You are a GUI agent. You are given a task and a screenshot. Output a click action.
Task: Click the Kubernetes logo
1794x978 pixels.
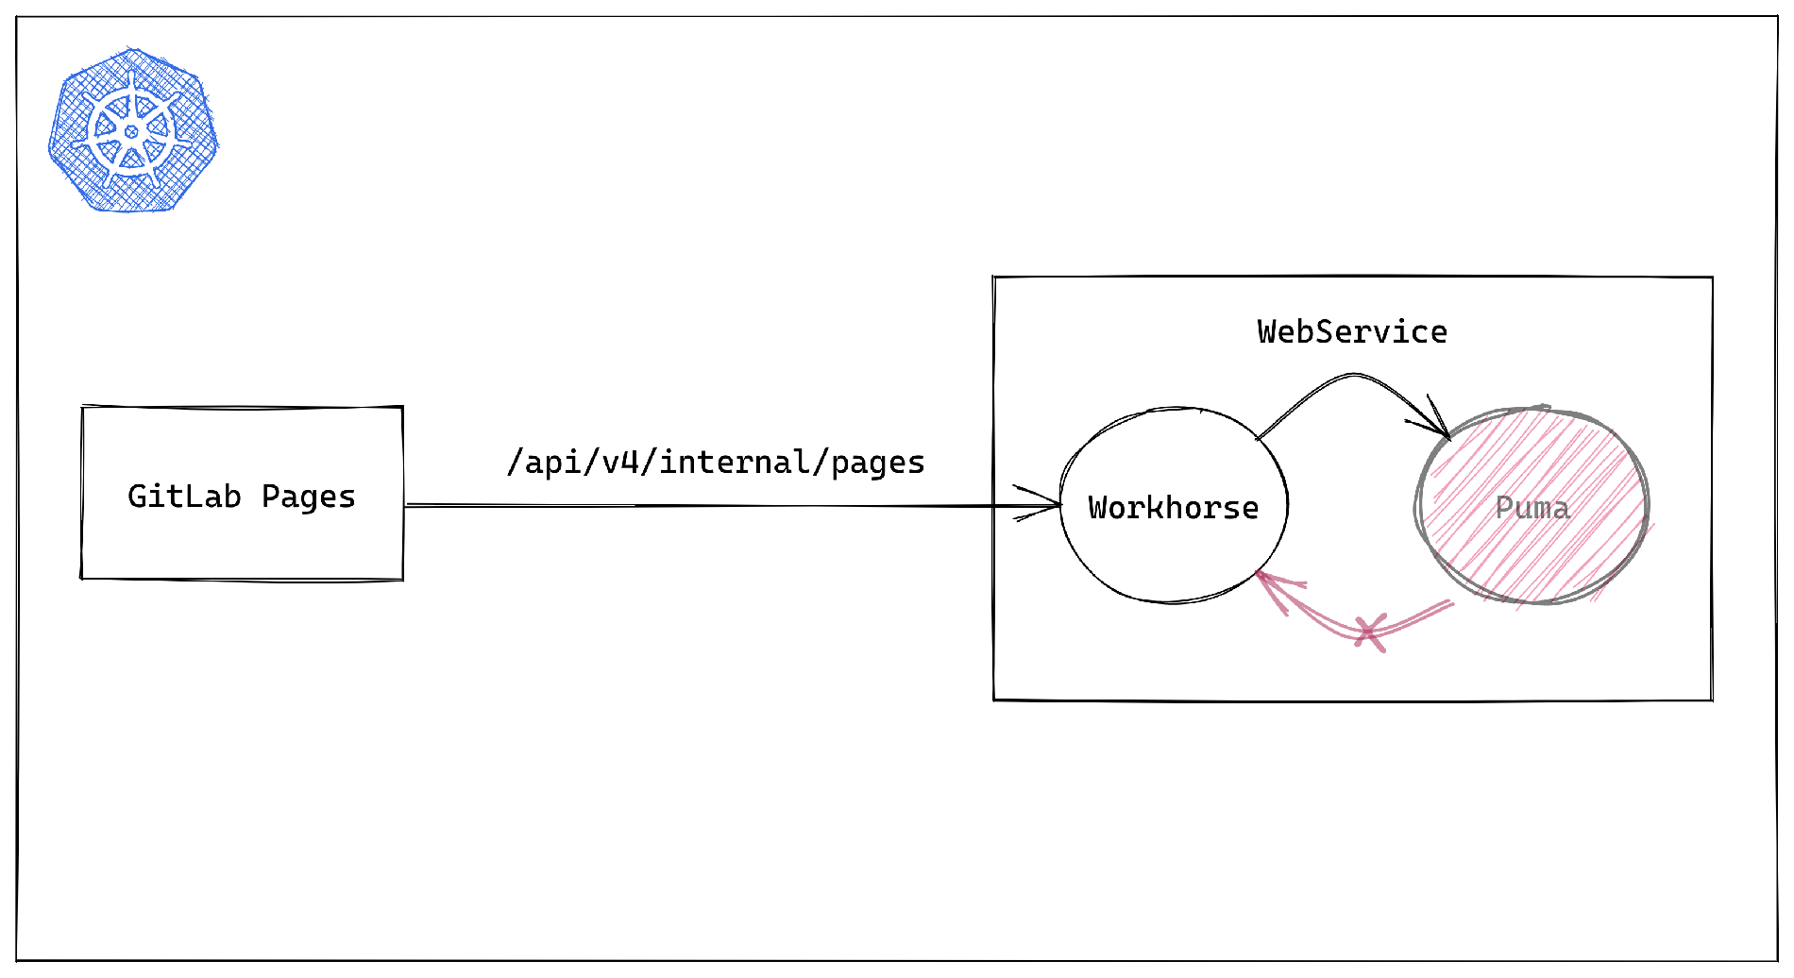[132, 130]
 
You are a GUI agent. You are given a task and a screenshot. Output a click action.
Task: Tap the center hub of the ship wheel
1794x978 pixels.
[132, 131]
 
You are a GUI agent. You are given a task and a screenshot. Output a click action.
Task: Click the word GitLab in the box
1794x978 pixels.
[184, 497]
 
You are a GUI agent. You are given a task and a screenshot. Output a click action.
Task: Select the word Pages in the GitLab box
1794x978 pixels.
[308, 497]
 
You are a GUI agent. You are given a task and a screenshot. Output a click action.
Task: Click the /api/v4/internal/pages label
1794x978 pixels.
[716, 463]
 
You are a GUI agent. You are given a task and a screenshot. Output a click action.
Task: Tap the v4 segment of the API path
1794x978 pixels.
[620, 463]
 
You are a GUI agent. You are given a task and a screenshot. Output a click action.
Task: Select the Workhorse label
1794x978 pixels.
[1173, 508]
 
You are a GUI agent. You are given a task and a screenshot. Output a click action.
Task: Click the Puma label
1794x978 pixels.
[1532, 508]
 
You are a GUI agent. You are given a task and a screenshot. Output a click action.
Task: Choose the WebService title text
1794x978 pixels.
[1352, 332]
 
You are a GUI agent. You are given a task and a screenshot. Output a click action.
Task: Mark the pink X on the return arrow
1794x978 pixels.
[1369, 632]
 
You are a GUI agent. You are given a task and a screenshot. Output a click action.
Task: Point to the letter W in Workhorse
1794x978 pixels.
[1098, 508]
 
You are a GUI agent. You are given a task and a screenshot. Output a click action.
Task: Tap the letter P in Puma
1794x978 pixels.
[1505, 508]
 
